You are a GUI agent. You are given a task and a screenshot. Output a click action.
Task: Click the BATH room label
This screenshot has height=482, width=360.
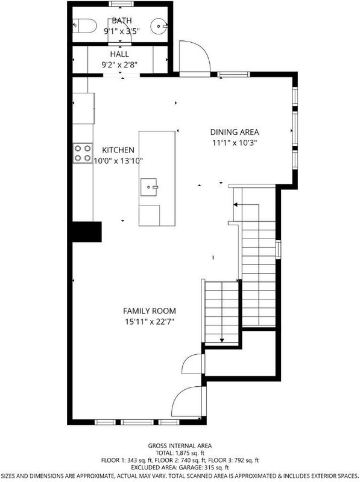click(122, 20)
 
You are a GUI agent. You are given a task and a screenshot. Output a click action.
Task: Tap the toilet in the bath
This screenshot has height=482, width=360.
click(84, 25)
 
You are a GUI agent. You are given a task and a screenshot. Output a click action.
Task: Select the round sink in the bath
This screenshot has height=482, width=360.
click(159, 26)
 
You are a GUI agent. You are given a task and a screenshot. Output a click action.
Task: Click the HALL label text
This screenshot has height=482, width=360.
click(119, 54)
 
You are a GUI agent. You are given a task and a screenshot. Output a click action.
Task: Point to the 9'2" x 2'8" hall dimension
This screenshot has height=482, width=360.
click(119, 64)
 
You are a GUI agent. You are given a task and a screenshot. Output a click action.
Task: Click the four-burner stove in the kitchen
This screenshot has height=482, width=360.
click(83, 153)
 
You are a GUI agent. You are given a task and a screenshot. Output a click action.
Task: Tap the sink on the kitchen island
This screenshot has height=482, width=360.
click(149, 187)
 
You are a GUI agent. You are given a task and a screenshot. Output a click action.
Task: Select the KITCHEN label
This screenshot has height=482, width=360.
click(118, 150)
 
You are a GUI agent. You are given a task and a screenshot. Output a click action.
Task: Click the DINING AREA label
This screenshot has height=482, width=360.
click(235, 132)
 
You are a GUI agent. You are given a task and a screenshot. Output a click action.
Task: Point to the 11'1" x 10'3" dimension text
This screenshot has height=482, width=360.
click(235, 143)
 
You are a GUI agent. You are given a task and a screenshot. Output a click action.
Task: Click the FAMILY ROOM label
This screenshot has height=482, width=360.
click(150, 311)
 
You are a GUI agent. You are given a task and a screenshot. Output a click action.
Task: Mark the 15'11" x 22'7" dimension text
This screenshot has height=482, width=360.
click(150, 322)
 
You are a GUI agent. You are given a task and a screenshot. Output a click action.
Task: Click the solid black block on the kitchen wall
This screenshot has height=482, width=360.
click(86, 232)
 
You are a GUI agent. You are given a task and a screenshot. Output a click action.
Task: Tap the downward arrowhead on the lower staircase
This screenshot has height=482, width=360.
click(222, 340)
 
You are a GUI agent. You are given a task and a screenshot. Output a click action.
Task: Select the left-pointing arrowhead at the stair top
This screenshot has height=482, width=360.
click(235, 204)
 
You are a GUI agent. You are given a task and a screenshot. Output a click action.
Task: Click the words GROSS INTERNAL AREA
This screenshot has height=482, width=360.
click(180, 446)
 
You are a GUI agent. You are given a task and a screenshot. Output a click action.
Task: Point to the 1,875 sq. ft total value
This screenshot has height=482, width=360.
click(189, 453)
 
